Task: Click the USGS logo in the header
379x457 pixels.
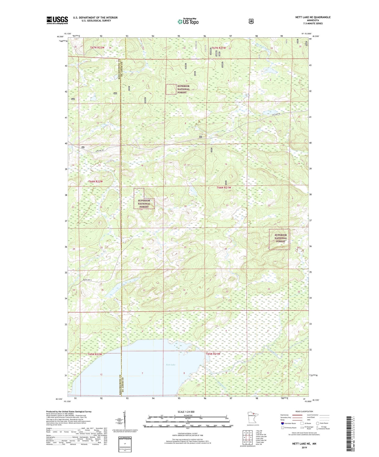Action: pos(57,20)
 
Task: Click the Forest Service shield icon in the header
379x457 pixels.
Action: pos(251,21)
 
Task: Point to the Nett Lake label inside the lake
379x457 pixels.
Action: pos(170,365)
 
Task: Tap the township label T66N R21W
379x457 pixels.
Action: pos(224,188)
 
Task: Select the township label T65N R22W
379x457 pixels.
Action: pos(95,354)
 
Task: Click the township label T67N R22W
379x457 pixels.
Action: pos(97,48)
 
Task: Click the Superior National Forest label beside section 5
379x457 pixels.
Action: pos(183,89)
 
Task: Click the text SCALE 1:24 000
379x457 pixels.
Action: pos(186,412)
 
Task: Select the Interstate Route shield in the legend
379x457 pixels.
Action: pos(282,431)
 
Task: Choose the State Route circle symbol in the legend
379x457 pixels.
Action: pos(318,431)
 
